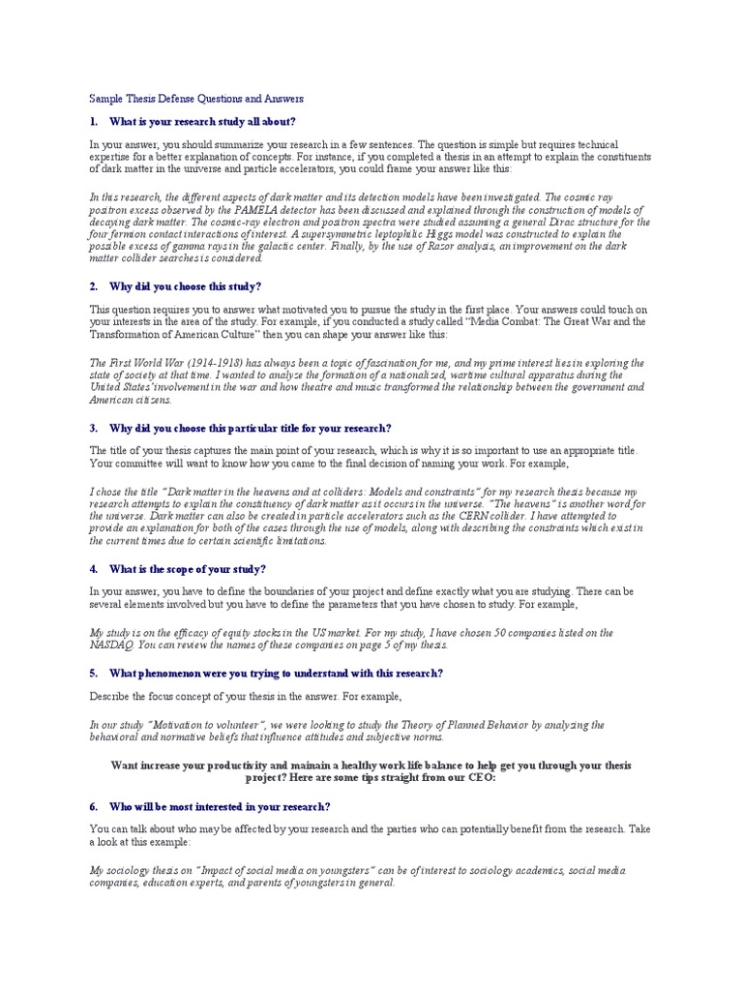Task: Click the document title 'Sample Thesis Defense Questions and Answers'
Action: click(196, 99)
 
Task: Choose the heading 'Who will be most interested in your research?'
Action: click(221, 806)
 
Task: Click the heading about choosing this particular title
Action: click(251, 428)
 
